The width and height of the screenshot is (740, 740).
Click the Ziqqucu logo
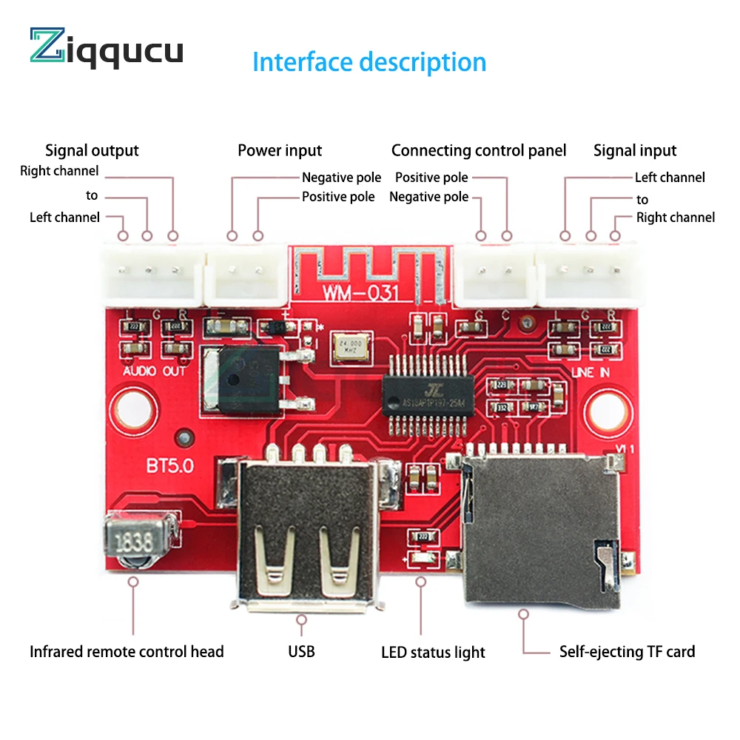107,49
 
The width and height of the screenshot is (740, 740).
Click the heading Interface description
369,62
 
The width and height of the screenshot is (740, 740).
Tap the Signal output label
92,151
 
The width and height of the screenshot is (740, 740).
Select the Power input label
280,151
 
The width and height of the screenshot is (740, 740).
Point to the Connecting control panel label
478,151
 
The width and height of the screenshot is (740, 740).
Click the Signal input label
635,151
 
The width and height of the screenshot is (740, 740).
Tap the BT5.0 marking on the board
170,467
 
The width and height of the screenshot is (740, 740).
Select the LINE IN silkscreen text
591,372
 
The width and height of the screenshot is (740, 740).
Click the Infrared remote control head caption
127,652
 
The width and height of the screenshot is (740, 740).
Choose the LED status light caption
433,653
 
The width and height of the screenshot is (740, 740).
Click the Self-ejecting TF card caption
627,652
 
